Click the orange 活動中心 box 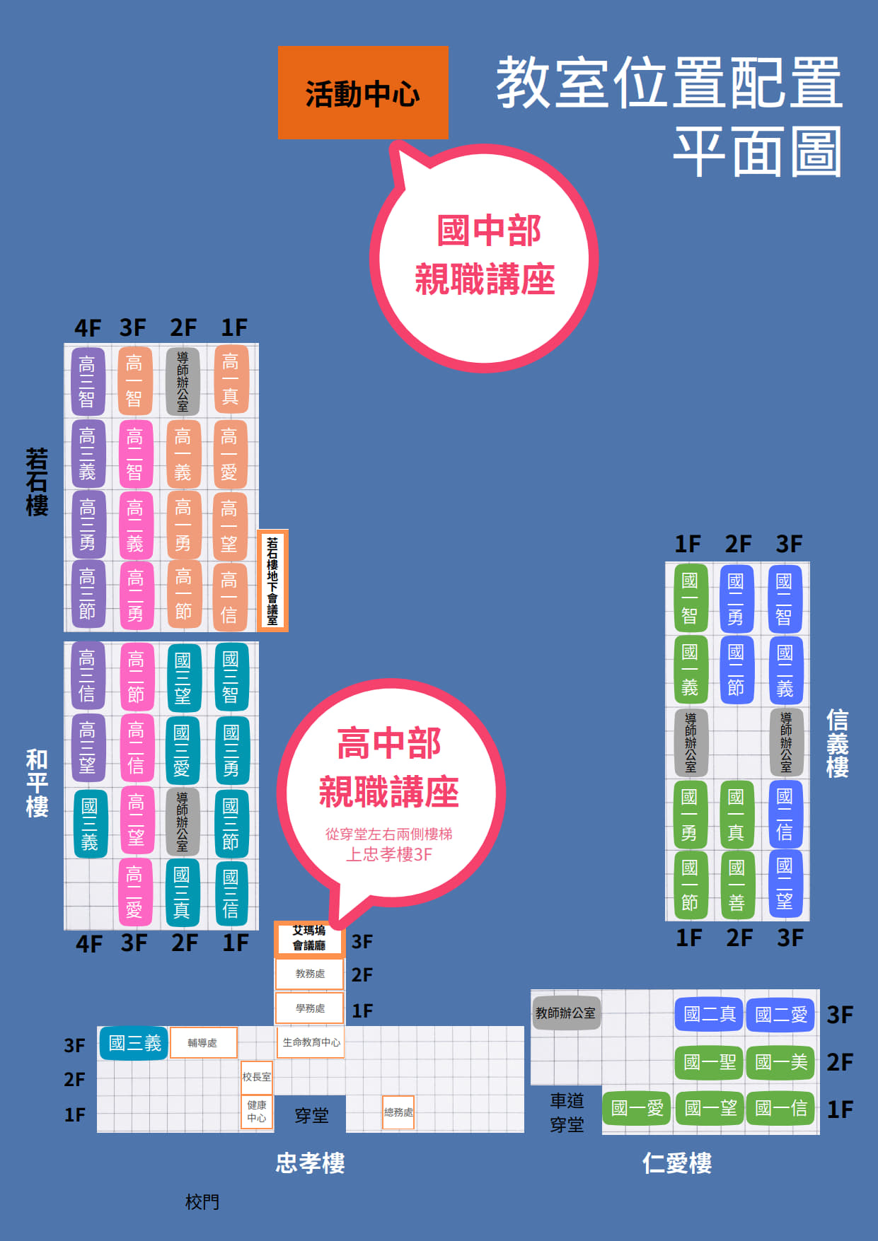[363, 93]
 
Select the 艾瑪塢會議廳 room [309, 938]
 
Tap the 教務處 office [310, 974]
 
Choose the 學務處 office [310, 1008]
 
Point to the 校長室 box [257, 1077]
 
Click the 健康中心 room [257, 1112]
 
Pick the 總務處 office [398, 1112]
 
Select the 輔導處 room [202, 1043]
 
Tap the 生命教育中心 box [311, 1042]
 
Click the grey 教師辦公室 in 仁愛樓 [565, 1013]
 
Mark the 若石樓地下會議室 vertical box [272, 581]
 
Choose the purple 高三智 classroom [88, 381]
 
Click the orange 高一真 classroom [231, 380]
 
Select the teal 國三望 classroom [183, 678]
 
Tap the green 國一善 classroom [737, 885]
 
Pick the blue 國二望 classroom [785, 884]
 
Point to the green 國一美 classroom [781, 1062]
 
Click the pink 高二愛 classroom [135, 892]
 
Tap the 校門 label [202, 1201]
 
